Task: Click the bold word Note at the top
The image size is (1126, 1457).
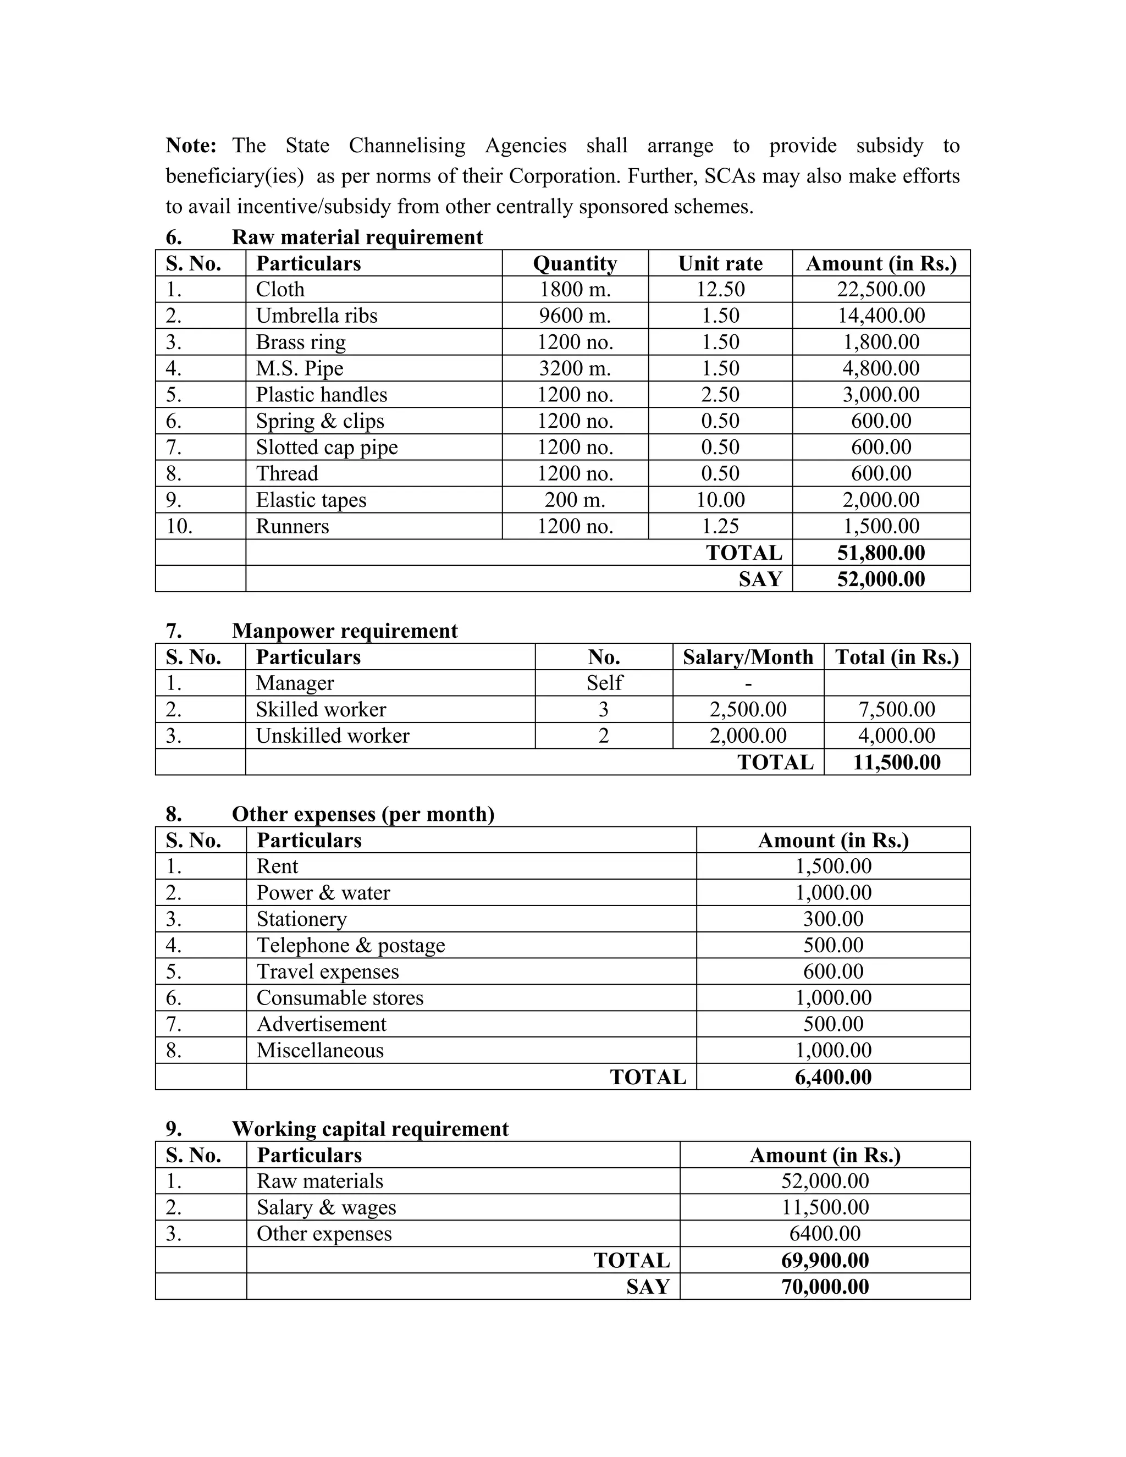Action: pyautogui.click(x=191, y=146)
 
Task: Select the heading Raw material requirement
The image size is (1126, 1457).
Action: pyautogui.click(x=357, y=237)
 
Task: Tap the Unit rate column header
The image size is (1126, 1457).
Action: pyautogui.click(x=720, y=263)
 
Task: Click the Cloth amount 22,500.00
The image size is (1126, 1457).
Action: pyautogui.click(x=881, y=290)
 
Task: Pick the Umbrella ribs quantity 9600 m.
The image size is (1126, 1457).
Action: pyautogui.click(x=575, y=316)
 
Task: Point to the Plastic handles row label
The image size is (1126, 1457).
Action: pyautogui.click(x=322, y=395)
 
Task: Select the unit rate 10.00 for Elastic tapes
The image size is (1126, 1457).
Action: pyautogui.click(x=720, y=500)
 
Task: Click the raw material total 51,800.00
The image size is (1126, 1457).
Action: pyautogui.click(x=881, y=553)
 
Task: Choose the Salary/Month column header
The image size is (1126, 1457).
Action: pyautogui.click(x=748, y=657)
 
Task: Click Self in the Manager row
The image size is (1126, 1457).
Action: pyautogui.click(x=604, y=683)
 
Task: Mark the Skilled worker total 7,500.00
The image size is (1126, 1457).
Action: pyautogui.click(x=897, y=709)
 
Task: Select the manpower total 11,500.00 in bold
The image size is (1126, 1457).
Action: pyautogui.click(x=897, y=763)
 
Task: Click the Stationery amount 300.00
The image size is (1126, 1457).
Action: pyautogui.click(x=833, y=919)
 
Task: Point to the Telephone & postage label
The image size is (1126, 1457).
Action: pyautogui.click(x=350, y=945)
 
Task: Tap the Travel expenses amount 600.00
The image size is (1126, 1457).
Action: pyautogui.click(x=833, y=972)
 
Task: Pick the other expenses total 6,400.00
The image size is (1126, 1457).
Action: pyautogui.click(x=833, y=1078)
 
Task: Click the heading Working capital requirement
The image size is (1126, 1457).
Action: pyautogui.click(x=369, y=1129)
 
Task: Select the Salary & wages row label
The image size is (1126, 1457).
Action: pyautogui.click(x=326, y=1207)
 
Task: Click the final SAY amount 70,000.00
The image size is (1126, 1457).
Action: pyautogui.click(x=825, y=1287)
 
